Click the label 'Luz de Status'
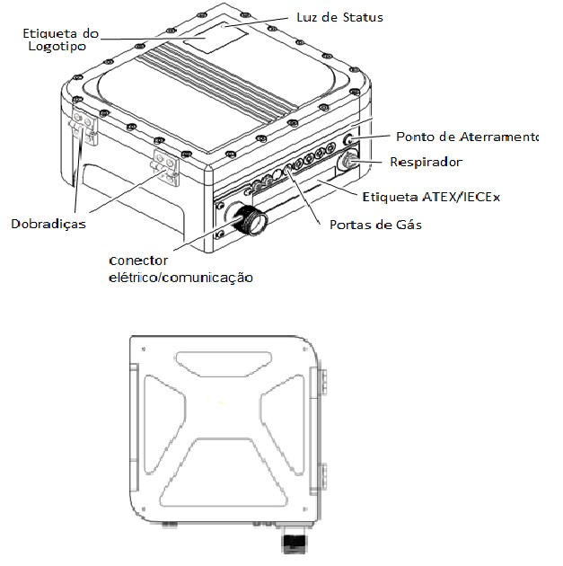[339, 17]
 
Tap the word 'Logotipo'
[57, 47]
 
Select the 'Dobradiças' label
[48, 224]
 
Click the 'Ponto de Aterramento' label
[467, 137]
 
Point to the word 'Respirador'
[426, 162]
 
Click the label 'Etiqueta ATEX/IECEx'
[431, 197]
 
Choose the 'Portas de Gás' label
[375, 225]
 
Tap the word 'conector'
[138, 261]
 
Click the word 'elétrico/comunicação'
[180, 278]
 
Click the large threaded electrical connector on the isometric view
[249, 219]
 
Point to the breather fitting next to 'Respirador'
[347, 160]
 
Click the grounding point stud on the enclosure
[348, 139]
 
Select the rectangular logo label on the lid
[216, 39]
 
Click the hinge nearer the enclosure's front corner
[165, 167]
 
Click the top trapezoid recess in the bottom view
[224, 364]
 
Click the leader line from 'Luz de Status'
[257, 22]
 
